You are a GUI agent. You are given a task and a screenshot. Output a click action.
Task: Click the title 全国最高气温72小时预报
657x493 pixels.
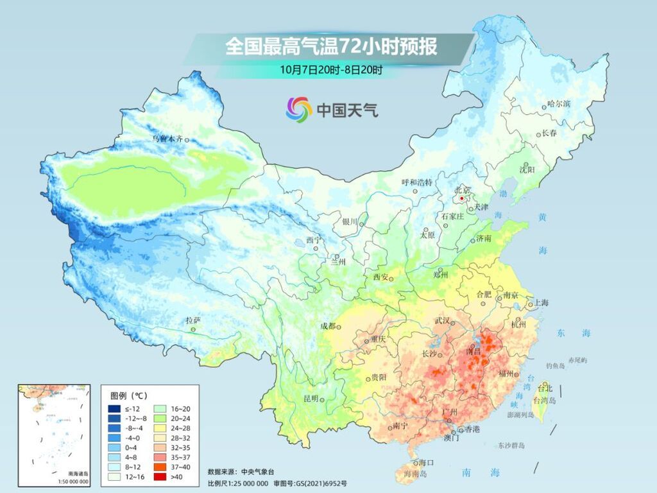331,47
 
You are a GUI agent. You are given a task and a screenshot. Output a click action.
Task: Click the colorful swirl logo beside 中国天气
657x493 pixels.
298,110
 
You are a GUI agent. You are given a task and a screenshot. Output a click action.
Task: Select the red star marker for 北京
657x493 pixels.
462,199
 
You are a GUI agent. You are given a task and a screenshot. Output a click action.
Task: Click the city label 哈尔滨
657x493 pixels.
558,104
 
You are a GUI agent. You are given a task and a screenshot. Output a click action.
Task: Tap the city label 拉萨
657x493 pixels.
193,320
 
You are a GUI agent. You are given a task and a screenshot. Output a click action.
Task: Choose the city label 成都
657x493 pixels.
328,326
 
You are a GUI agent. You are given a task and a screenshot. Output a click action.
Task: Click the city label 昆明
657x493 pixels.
311,399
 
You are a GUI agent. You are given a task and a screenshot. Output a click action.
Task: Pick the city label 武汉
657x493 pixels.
443,320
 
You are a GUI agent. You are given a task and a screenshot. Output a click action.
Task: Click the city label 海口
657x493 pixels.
427,463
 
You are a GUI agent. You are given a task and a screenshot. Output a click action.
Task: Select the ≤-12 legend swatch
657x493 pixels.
114,408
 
